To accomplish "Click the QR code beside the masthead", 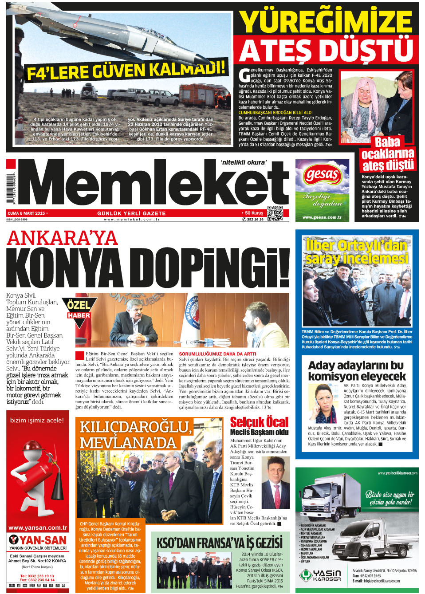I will [275, 213].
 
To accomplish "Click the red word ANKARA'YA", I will [63, 238].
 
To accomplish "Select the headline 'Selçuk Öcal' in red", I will [259, 422].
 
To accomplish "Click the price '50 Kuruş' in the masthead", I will [253, 213].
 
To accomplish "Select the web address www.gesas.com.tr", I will [322, 217].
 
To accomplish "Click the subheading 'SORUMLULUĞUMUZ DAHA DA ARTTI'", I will [217, 354].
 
